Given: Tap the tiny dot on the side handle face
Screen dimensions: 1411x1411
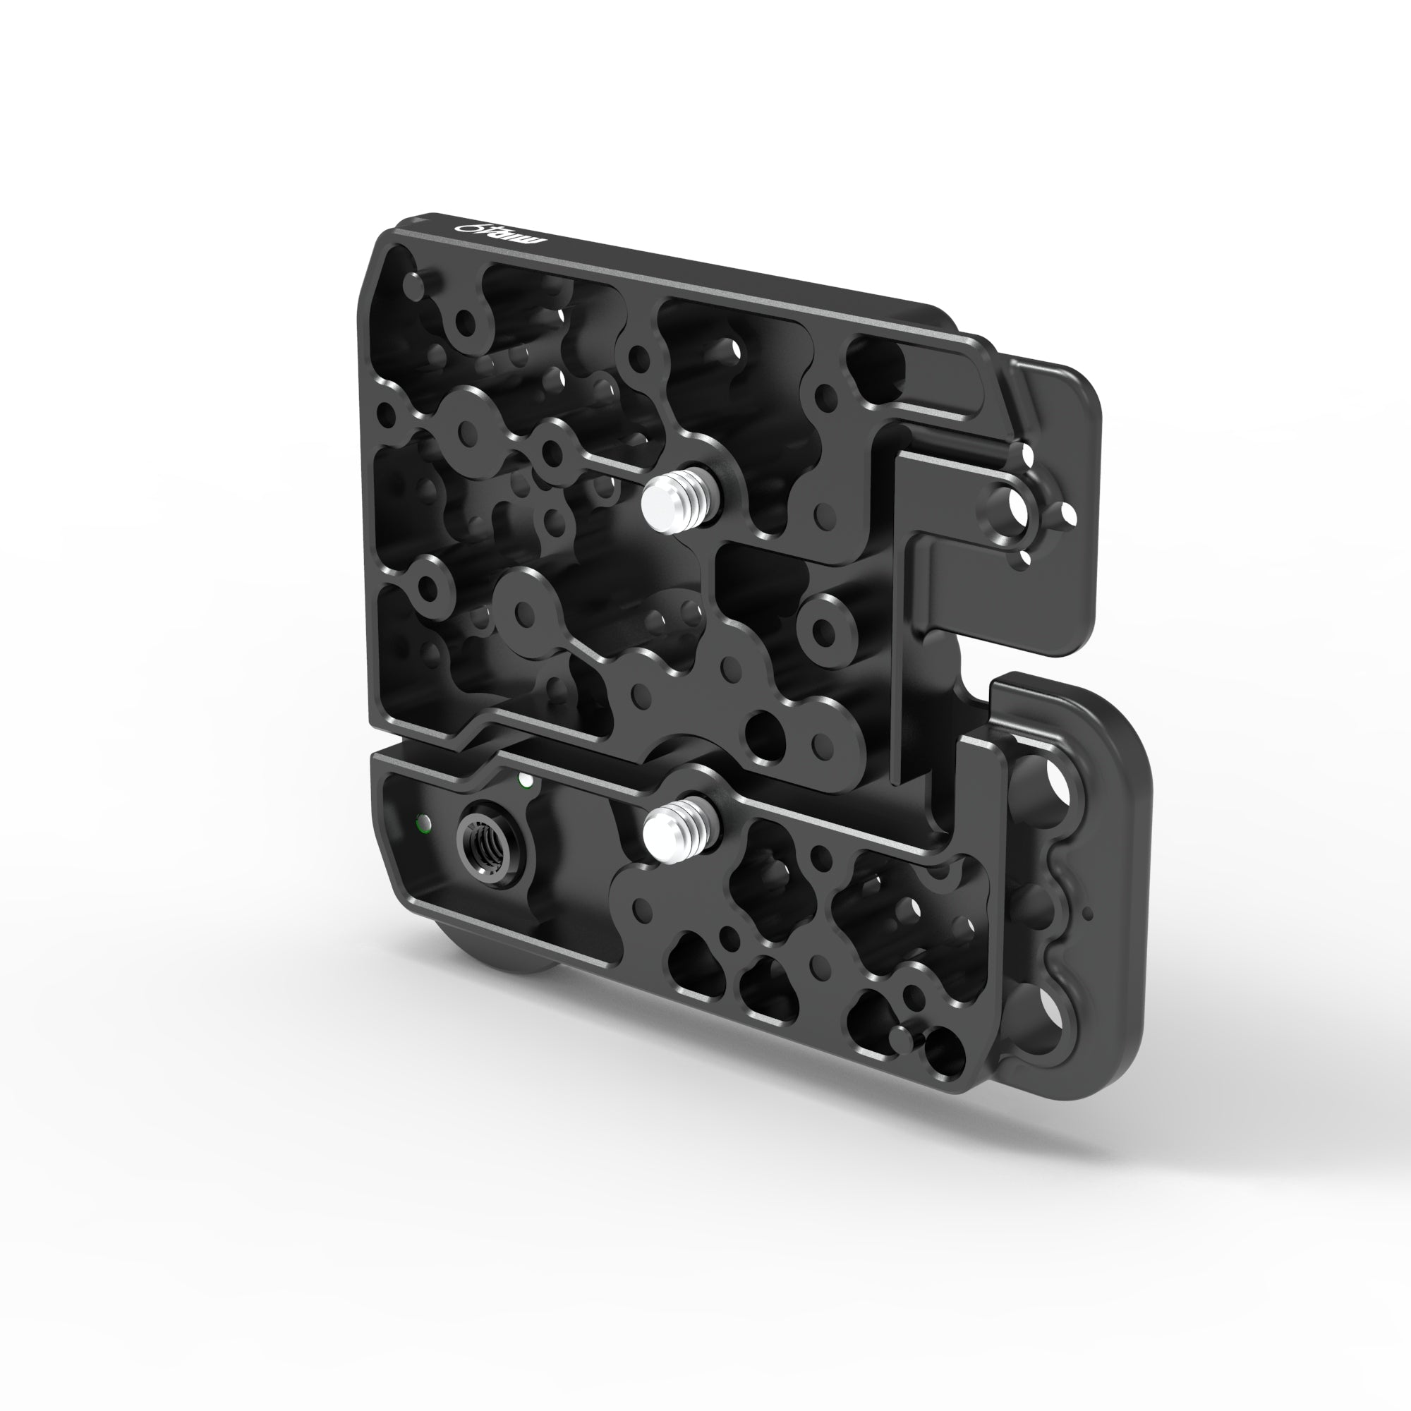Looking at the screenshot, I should pyautogui.click(x=1087, y=913).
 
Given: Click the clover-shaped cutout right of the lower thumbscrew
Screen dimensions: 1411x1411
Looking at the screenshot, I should pyautogui.click(x=760, y=869).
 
